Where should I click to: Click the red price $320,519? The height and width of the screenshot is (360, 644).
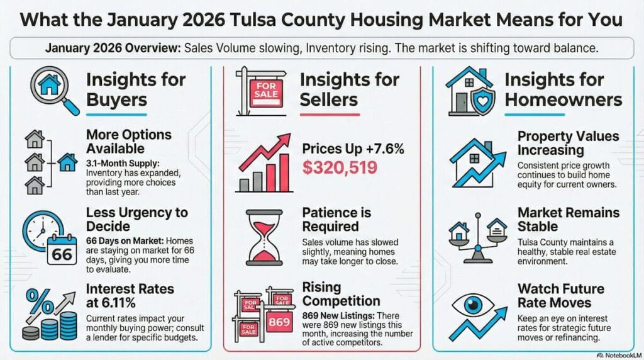[x=340, y=167]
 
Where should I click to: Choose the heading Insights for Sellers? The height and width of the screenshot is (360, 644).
[x=349, y=89]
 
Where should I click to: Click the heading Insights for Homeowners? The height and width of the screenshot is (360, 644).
[x=563, y=89]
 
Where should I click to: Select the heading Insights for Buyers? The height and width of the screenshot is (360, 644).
[x=135, y=89]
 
